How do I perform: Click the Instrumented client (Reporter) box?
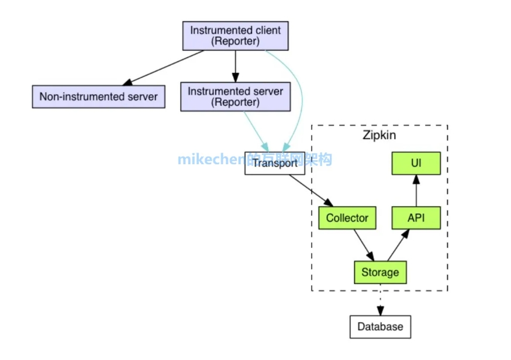pos(235,36)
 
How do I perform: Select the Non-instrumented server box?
pos(99,97)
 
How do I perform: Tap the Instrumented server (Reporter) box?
pos(235,97)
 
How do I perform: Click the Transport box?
pos(275,163)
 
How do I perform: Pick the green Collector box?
pos(347,218)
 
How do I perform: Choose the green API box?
pos(416,218)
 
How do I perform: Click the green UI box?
pos(416,163)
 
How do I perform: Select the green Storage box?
pos(380,272)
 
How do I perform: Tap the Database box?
pos(380,327)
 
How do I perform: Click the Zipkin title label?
pos(379,135)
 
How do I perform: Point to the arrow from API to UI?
pos(416,191)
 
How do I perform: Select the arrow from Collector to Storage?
pos(364,245)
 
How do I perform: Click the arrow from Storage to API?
pos(398,245)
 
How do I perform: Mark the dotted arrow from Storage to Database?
pos(380,300)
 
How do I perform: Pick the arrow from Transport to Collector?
pos(311,191)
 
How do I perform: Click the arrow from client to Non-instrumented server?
pos(163,68)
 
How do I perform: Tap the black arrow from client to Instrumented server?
pos(235,66)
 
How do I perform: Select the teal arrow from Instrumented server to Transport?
pos(256,131)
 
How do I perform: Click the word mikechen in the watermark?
pos(211,160)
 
